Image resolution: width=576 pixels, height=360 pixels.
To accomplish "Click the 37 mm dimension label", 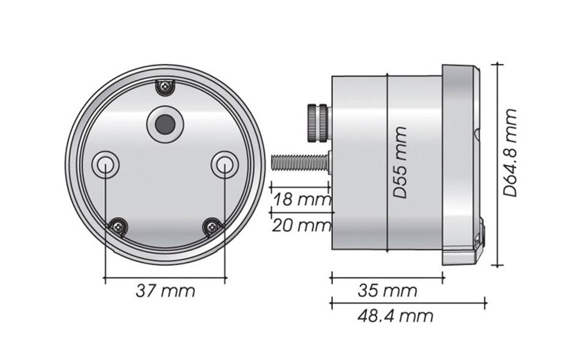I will (165, 291).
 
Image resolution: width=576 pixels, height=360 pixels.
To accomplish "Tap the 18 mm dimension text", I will (301, 200).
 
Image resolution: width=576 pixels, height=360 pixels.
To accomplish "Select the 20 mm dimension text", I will (301, 225).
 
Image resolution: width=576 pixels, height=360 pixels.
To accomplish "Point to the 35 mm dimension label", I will (387, 291).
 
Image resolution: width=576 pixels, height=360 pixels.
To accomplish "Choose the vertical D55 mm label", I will (400, 162).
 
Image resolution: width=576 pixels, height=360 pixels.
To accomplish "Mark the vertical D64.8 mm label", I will (510, 153).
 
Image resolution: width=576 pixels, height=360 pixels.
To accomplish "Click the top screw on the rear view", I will (166, 87).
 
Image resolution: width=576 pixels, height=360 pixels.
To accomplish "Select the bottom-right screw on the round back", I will (212, 227).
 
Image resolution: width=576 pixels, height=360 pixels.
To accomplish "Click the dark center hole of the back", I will (165, 123).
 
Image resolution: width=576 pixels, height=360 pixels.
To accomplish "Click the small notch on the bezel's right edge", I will (478, 134).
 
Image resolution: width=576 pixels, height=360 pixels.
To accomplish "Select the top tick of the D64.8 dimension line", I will (497, 65).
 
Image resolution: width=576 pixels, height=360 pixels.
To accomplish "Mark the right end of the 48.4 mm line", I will (485, 302).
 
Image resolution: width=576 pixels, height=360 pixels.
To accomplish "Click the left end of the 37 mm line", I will (105, 279).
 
